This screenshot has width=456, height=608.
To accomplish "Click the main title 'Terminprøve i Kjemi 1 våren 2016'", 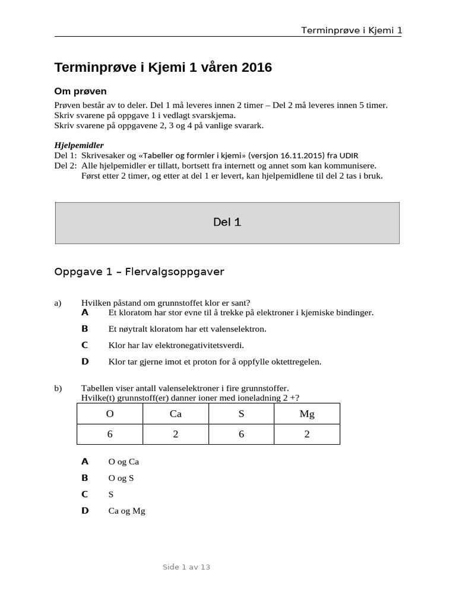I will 163,68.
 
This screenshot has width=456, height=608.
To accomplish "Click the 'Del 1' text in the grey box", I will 227,222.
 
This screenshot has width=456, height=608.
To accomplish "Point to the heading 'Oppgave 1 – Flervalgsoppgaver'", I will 139,272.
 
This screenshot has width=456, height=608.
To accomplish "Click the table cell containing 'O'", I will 110,414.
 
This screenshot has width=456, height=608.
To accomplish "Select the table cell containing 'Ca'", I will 175,414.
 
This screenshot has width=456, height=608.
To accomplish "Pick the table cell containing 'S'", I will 241,414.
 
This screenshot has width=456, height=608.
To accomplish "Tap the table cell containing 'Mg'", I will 307,414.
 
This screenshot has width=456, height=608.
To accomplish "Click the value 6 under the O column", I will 110,434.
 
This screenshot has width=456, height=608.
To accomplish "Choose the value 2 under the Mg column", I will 307,434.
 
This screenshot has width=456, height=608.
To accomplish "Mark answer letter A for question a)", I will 85,312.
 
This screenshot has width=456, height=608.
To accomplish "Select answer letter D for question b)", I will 85,511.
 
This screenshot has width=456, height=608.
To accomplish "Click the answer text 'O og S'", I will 121,478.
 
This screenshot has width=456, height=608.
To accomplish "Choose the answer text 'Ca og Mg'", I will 126,511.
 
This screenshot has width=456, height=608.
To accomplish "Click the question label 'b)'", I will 58,388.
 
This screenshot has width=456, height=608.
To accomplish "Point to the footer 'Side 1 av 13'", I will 186,567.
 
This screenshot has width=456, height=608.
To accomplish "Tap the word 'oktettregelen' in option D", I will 295,362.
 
